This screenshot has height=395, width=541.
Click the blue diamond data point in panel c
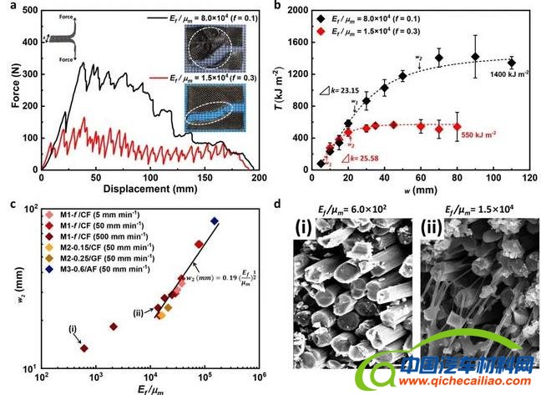pyautogui.click(x=215, y=221)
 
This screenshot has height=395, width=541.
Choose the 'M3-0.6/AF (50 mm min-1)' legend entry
pyautogui.click(x=103, y=269)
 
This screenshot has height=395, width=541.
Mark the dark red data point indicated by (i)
pyautogui.click(x=83, y=347)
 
